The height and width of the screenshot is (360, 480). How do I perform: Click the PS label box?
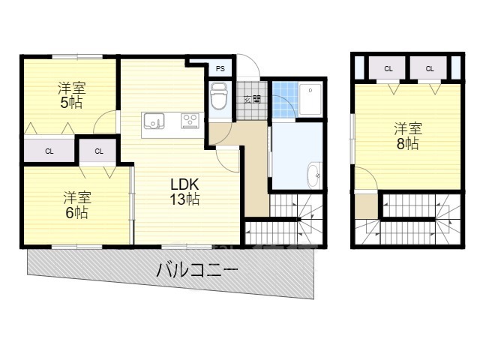coord(220,68)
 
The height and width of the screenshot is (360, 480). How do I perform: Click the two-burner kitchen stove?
coord(189,120)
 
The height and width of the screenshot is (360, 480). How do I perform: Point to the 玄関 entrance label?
coord(252,99)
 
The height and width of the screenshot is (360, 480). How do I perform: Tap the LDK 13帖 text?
coord(183,191)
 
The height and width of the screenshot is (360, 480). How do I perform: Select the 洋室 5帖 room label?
coord(70,95)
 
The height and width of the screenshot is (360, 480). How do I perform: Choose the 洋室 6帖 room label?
coord(76,205)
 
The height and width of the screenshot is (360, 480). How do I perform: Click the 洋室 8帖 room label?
coord(406,135)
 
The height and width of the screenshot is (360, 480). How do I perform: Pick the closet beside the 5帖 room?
coord(49,151)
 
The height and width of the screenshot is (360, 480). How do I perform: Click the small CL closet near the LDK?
coord(99,151)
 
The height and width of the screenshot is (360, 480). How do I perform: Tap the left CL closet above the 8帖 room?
coord(388,68)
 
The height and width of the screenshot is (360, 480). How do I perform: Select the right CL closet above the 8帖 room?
coord(430,68)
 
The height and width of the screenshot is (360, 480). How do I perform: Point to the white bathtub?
coord(310,98)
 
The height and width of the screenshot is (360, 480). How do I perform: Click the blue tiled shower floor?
coord(283,98)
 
